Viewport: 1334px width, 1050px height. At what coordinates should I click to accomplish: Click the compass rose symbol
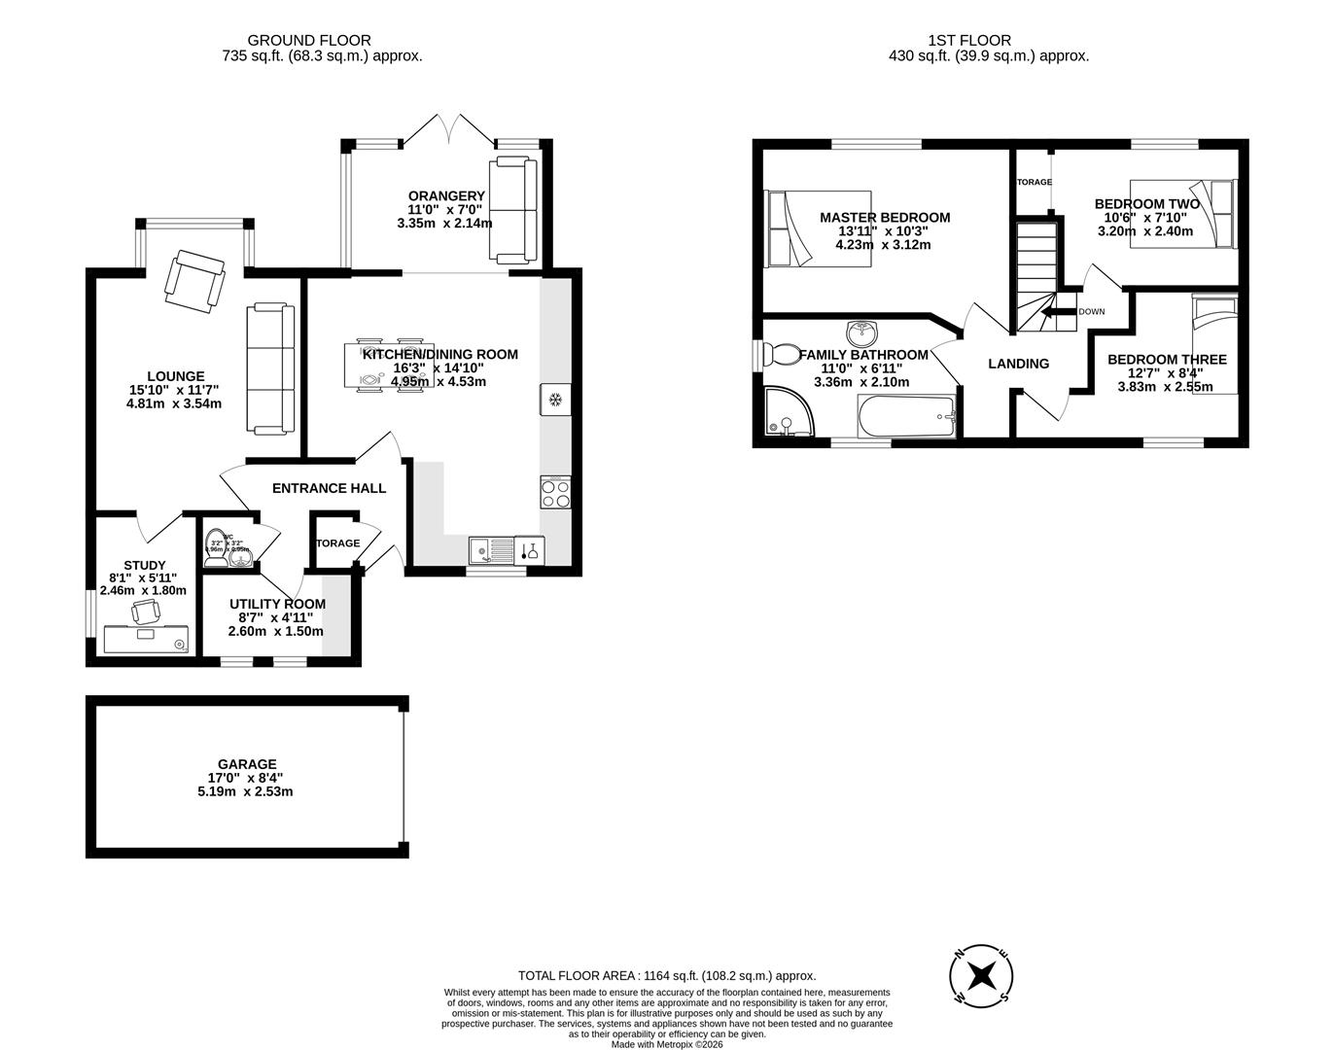point(982,974)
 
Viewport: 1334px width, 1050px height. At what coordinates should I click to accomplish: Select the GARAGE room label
point(248,764)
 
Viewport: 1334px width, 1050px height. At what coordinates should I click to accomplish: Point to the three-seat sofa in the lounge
point(271,368)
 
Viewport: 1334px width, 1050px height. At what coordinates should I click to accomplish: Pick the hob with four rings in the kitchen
point(555,494)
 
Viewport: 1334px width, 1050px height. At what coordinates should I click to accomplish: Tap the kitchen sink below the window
point(491,551)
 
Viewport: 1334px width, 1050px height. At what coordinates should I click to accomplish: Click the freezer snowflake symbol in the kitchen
point(555,400)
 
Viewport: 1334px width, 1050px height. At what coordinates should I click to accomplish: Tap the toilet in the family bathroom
point(781,353)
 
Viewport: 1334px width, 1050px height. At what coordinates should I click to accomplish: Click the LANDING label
point(1018,364)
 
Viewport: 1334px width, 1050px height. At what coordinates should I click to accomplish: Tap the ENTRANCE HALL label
point(329,488)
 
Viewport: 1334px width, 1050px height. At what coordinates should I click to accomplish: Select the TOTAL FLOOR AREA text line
point(666,975)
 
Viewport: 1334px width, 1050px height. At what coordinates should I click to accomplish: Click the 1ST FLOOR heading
point(968,40)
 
